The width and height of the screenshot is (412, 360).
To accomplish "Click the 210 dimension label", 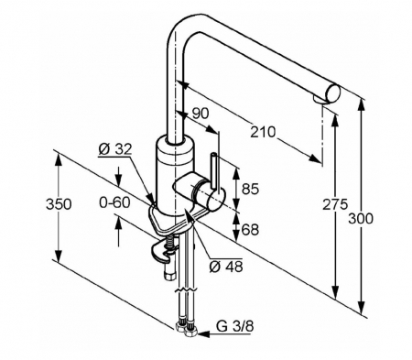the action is coord(263,132).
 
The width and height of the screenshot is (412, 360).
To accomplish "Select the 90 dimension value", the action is coord(201,114).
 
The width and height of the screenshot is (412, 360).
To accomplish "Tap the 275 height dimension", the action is coord(335,204).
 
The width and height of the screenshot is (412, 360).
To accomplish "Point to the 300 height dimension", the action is coord(361,219).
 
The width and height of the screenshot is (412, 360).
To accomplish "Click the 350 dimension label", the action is coord(59,204).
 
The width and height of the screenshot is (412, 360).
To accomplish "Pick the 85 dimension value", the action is coord(250,189).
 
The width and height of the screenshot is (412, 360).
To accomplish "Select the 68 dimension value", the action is coord(250,230).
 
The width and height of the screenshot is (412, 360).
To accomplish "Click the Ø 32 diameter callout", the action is coord(115,149).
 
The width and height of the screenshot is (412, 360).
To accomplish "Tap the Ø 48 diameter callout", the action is coord(226,267).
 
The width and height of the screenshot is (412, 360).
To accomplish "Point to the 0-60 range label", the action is coord(114,202).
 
